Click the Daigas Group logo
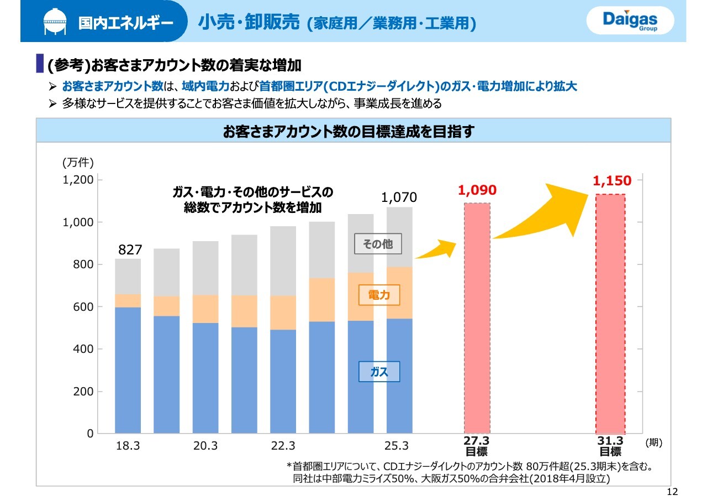tap(631, 22)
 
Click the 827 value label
tap(130, 249)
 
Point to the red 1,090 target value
tap(477, 190)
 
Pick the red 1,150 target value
tap(611, 180)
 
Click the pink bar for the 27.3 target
tap(477, 318)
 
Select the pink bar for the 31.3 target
tap(610, 314)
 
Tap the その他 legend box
tap(377, 244)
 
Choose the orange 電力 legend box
tap(379, 295)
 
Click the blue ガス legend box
tap(379, 372)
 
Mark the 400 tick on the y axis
tap(82, 350)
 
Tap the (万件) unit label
tap(78, 162)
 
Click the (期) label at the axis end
tap(653, 443)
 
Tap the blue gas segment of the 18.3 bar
tap(128, 370)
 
